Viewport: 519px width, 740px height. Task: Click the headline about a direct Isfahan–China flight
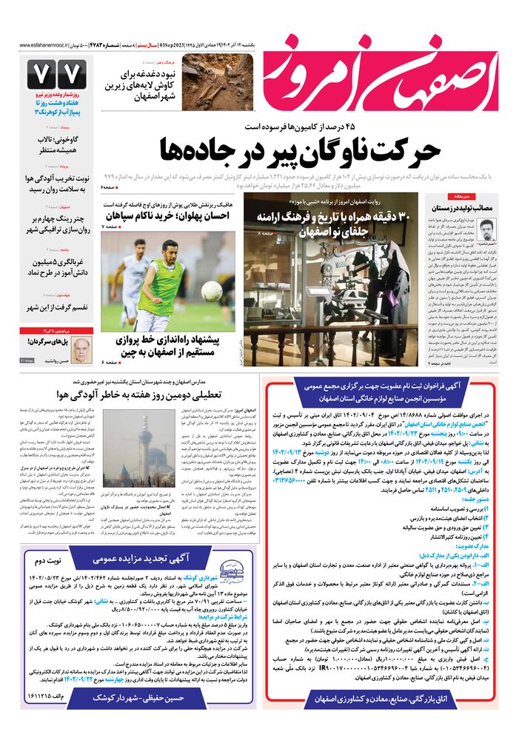pos(172,346)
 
